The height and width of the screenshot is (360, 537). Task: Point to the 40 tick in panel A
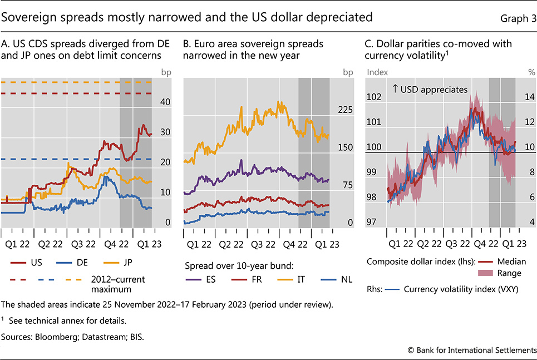[x=165, y=102]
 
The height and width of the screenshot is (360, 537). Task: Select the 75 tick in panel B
[x=347, y=185]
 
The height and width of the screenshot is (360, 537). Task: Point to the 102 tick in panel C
[x=375, y=97]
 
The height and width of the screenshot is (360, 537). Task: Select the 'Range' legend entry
[x=510, y=273]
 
